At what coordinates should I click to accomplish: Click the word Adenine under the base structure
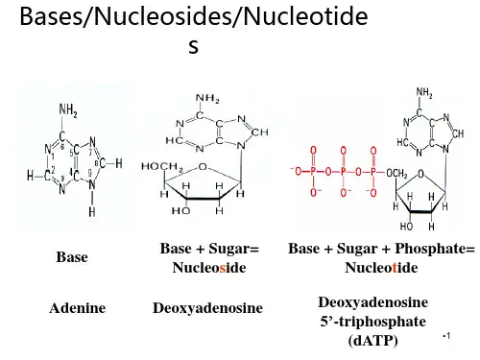pos(78,308)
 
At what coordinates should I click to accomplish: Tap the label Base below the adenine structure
pos(72,257)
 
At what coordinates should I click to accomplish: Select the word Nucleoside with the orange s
pos(209,268)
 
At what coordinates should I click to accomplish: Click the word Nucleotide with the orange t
pos(381,268)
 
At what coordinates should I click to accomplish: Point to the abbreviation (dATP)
pos(373,341)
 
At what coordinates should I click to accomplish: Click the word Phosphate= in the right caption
pos(435,249)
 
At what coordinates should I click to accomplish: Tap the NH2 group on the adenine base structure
pos(68,110)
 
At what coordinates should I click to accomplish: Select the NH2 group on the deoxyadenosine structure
pos(207,99)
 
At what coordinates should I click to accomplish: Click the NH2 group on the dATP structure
pos(424,92)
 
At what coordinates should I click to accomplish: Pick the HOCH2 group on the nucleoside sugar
pos(162,167)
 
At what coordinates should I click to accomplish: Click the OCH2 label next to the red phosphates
pos(396,174)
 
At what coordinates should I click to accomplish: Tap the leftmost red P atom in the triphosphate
pos(313,172)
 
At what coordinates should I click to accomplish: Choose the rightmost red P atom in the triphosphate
pos(373,172)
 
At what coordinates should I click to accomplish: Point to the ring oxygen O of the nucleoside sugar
pos(203,167)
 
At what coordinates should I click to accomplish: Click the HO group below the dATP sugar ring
pos(406,227)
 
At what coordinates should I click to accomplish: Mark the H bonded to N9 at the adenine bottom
pos(92,211)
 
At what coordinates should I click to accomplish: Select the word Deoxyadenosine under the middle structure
pos(207,308)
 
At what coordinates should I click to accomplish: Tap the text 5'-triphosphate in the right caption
pos(373,322)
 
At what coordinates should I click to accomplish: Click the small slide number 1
pos(447,336)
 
